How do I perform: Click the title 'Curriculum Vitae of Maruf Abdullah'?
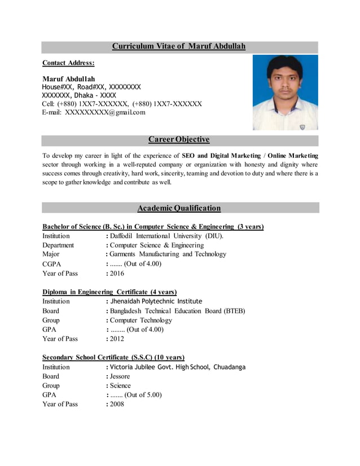pyautogui.click(x=179, y=46)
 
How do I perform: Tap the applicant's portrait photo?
pyautogui.click(x=285, y=93)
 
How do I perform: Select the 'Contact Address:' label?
pyautogui.click(x=68, y=63)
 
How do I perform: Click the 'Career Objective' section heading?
pyautogui.click(x=179, y=139)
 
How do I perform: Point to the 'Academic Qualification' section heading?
pyautogui.click(x=179, y=208)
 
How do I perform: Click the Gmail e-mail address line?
pyautogui.click(x=94, y=112)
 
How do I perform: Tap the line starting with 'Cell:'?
pyautogui.click(x=122, y=104)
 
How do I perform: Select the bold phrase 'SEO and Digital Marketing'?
pyautogui.click(x=221, y=155)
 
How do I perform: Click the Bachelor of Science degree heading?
pyautogui.click(x=153, y=227)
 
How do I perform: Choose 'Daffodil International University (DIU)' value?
pyautogui.click(x=166, y=236)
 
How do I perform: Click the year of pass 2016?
pyautogui.click(x=117, y=274)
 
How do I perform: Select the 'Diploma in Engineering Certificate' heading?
pyautogui.click(x=109, y=292)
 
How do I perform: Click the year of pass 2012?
pyautogui.click(x=117, y=339)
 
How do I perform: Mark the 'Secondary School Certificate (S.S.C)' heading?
pyautogui.click(x=113, y=357)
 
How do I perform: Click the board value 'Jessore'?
pyautogui.click(x=120, y=376)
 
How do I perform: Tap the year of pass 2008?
pyautogui.click(x=117, y=405)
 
